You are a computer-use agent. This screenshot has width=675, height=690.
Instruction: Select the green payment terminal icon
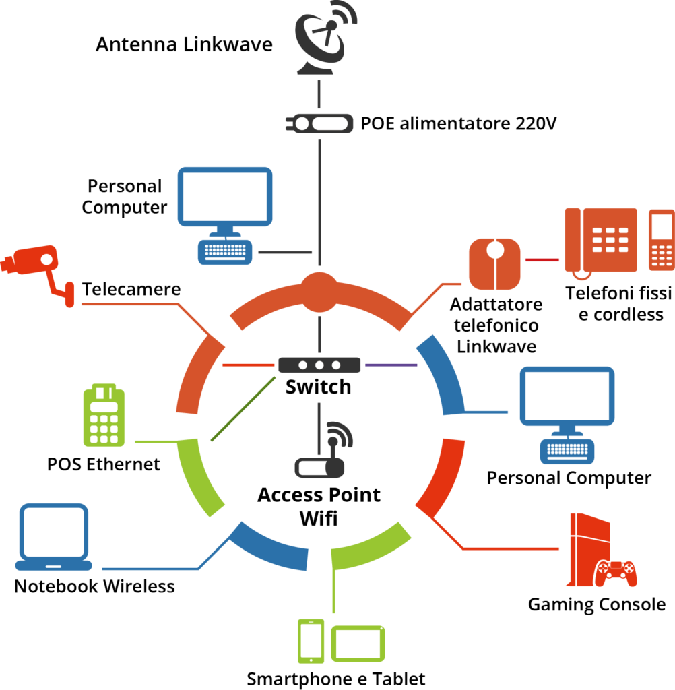pyautogui.click(x=104, y=416)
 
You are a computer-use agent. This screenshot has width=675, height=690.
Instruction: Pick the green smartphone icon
pyautogui.click(x=311, y=640)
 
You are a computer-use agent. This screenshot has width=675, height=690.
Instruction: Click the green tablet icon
pyautogui.click(x=358, y=644)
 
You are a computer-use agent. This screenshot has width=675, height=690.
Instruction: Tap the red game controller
pyautogui.click(x=615, y=573)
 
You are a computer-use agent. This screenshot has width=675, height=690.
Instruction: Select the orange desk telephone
pyautogui.click(x=601, y=240)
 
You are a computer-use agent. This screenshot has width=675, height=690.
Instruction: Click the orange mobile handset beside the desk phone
pyautogui.click(x=661, y=240)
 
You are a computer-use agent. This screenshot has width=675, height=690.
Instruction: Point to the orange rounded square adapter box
pyautogui.click(x=494, y=264)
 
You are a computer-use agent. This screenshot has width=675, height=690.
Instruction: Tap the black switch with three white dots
pyautogui.click(x=319, y=365)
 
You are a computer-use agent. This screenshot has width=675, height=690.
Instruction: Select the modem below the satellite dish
pyautogui.click(x=319, y=123)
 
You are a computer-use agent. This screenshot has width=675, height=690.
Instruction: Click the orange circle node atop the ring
pyautogui.click(x=319, y=292)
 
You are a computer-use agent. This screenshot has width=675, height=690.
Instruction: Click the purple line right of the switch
pyautogui.click(x=391, y=365)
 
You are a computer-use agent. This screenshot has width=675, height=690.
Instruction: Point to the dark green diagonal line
pyautogui.click(x=243, y=409)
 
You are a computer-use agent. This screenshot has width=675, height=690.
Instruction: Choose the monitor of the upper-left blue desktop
pyautogui.click(x=225, y=196)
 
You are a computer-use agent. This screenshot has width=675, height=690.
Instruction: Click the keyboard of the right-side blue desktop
pyautogui.click(x=567, y=451)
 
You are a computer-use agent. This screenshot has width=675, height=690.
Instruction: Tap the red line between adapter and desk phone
pyautogui.click(x=542, y=260)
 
